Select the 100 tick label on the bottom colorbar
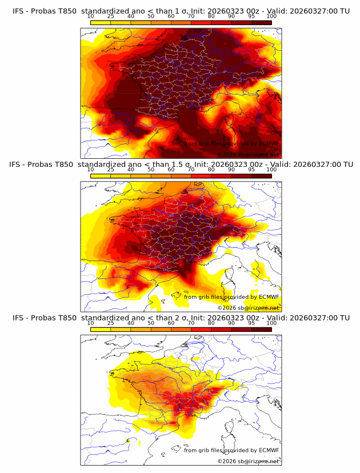[271, 323]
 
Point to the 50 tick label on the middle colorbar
[151, 170]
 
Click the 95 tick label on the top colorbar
[251, 16]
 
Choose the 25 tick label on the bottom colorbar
[110, 323]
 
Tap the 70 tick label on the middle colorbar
[191, 170]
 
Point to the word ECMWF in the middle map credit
[269, 296]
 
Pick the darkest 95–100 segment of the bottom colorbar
[262, 329]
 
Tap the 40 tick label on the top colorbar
[131, 16]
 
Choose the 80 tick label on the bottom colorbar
[211, 323]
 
